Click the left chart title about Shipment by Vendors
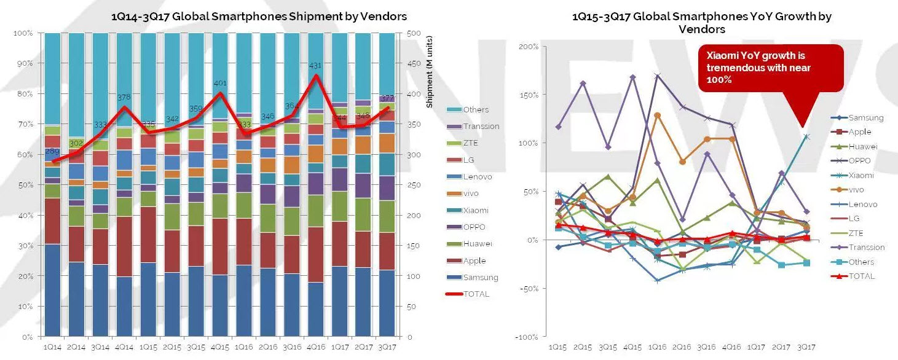(259, 17)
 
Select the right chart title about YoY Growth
(701, 22)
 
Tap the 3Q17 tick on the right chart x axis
(806, 346)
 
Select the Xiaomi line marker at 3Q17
(806, 137)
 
